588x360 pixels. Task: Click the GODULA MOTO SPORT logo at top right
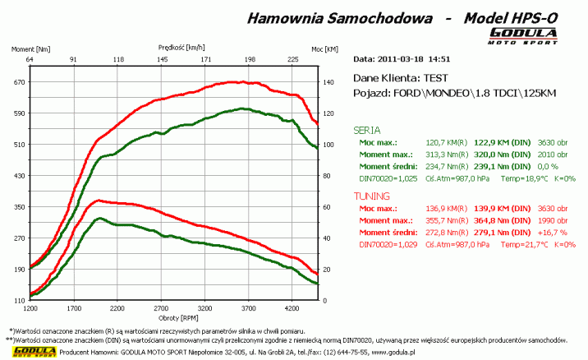coord(524,36)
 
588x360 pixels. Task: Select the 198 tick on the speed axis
coord(250,59)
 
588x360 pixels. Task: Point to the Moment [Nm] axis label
coord(31,49)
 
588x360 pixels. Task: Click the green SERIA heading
coord(366,130)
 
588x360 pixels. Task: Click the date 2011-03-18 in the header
coord(401,59)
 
